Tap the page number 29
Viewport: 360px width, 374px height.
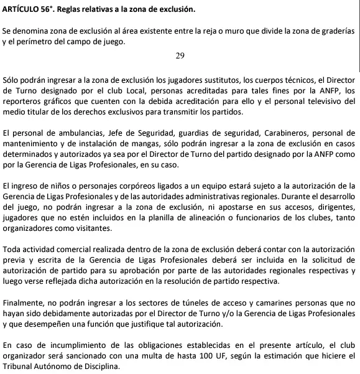pyautogui.click(x=180, y=56)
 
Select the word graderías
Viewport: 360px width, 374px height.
pyautogui.click(x=335, y=30)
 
